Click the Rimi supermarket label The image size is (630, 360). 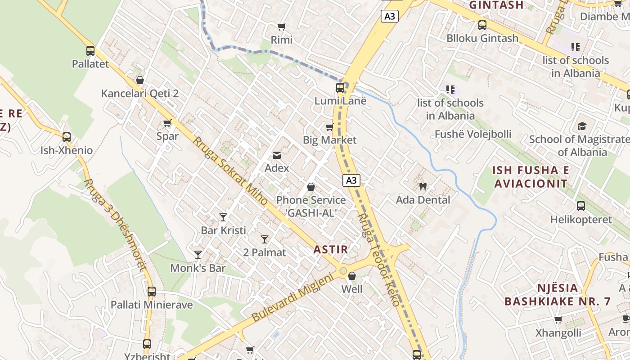[x=282, y=40]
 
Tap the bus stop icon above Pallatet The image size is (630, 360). [x=90, y=51]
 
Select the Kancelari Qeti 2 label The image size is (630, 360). [x=140, y=94]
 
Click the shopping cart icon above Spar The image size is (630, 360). [x=167, y=123]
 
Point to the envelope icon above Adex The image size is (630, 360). [x=277, y=156]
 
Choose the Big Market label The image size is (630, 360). [x=329, y=140]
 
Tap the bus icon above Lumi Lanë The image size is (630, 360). [x=340, y=88]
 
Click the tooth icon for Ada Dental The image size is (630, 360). [x=423, y=186]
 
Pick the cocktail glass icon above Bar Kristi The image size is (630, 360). [x=223, y=217]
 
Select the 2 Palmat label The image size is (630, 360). [x=264, y=252]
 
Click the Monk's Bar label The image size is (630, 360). [x=198, y=268]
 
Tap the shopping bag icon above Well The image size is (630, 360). [x=352, y=276]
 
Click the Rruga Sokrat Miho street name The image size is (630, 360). [x=231, y=171]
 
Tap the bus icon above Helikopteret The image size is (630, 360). [x=581, y=206]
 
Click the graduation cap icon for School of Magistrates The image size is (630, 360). [x=582, y=126]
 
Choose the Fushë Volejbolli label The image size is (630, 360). [x=473, y=134]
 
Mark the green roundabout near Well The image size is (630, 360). [x=343, y=271]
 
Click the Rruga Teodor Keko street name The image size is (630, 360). [x=378, y=260]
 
